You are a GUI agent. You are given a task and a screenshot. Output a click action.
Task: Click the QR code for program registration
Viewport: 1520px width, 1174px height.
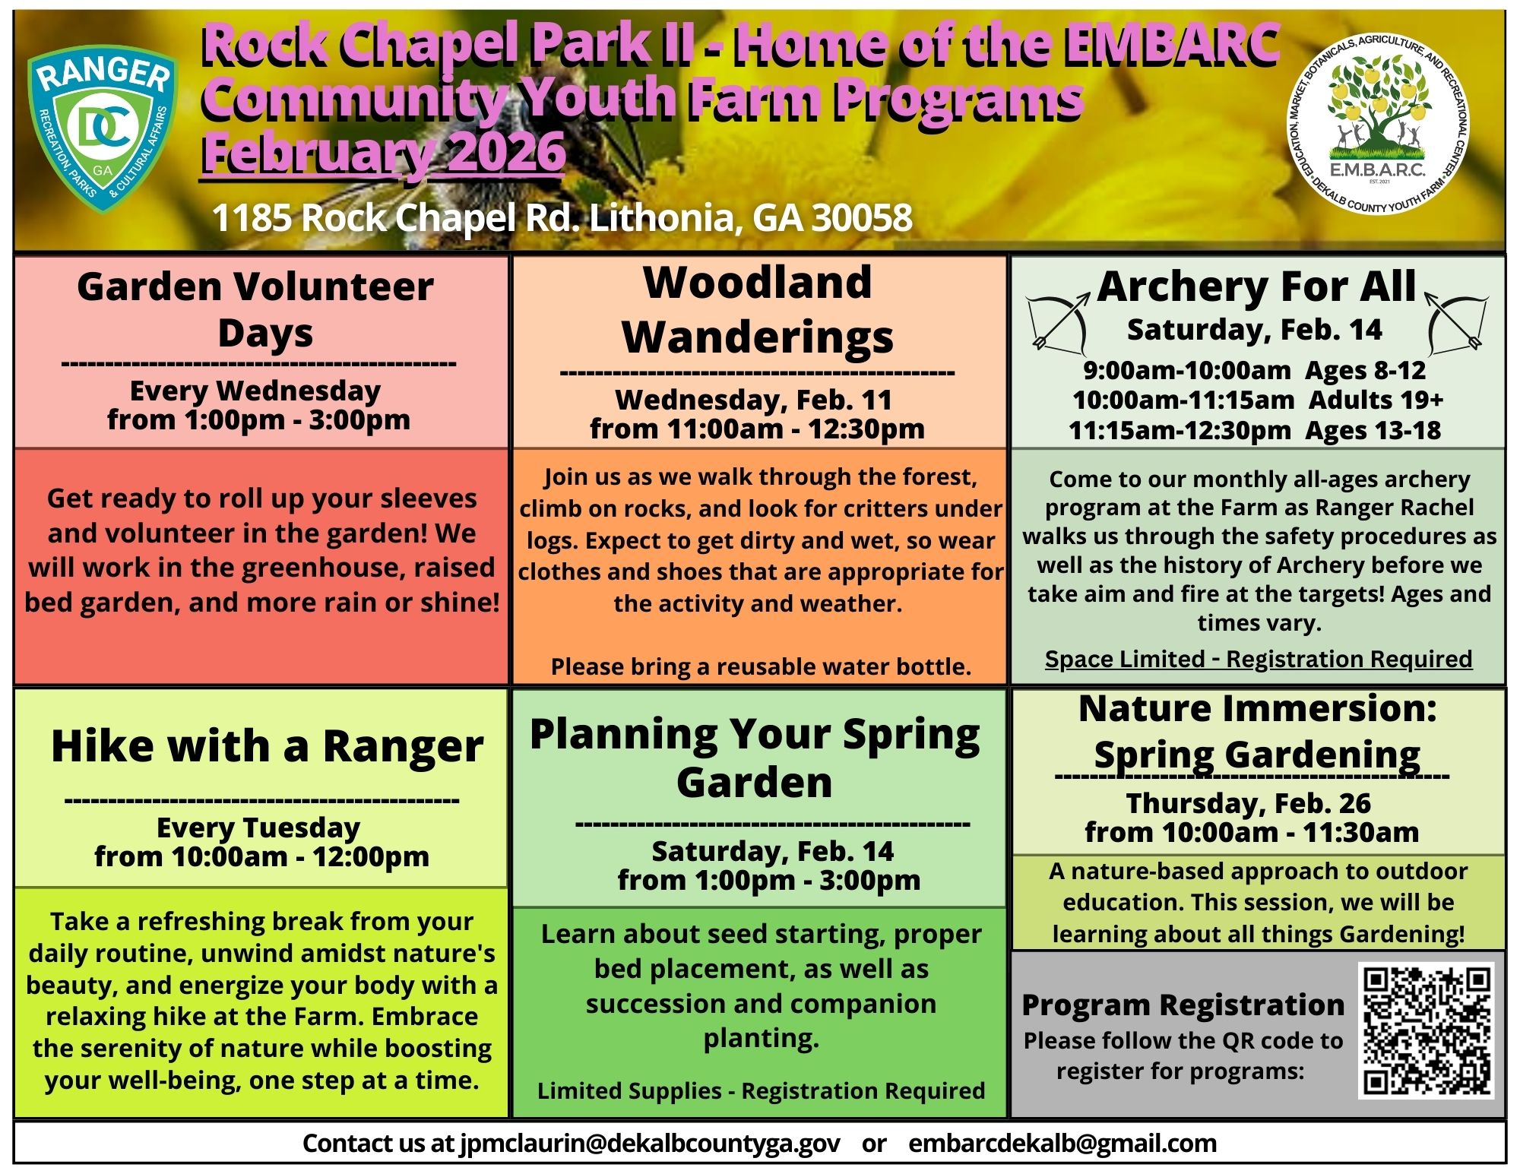1427,1030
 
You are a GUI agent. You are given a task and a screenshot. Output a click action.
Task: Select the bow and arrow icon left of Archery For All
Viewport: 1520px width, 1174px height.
1057,324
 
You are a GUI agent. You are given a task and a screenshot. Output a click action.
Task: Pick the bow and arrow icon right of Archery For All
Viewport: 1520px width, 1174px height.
1457,322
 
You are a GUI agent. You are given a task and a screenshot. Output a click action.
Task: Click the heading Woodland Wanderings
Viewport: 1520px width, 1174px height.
758,310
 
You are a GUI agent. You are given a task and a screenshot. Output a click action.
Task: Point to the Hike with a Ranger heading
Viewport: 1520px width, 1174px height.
267,745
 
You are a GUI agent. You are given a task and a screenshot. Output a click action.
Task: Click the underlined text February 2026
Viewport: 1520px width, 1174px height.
384,152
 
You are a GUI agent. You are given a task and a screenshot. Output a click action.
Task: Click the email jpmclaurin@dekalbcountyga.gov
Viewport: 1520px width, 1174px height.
650,1142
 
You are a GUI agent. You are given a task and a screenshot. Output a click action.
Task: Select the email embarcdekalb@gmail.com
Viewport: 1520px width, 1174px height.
1062,1142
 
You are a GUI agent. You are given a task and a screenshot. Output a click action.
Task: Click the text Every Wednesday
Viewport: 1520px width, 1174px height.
255,391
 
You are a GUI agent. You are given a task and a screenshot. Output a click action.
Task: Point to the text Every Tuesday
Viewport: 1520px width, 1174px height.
258,827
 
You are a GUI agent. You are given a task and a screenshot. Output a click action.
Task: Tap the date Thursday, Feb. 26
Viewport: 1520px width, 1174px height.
1249,803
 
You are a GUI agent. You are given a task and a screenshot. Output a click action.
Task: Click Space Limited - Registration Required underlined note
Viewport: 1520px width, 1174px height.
1259,659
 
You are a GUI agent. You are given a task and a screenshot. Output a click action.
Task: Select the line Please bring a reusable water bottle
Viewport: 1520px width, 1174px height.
761,666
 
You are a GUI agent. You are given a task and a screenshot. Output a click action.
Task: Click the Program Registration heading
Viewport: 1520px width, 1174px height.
1183,1005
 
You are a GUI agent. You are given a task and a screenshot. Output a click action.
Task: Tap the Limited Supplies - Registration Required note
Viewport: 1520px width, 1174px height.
761,1090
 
